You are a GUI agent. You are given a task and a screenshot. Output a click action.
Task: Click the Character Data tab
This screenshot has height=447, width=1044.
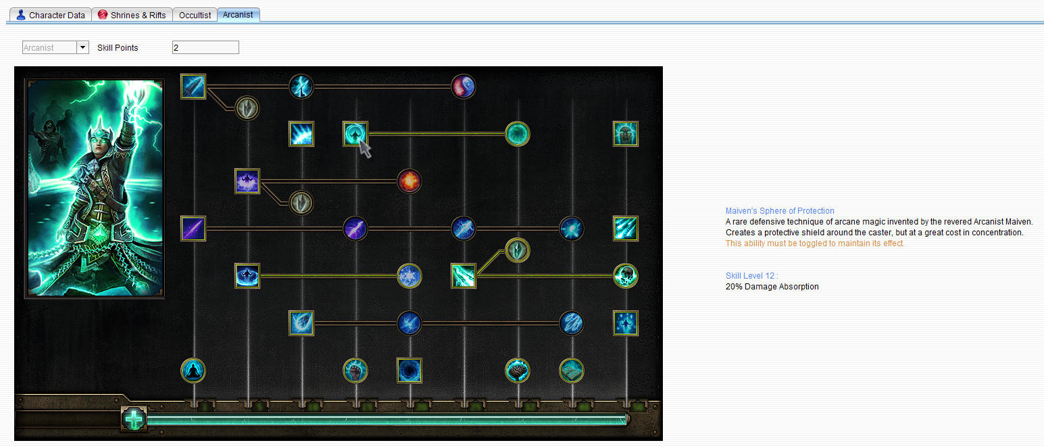tap(51, 15)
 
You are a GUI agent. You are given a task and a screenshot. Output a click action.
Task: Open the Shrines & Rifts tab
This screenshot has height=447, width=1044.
tap(132, 15)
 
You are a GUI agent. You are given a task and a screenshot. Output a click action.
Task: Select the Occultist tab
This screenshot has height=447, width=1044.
tap(195, 15)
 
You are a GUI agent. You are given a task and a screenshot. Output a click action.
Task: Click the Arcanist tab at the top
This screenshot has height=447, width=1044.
tap(238, 14)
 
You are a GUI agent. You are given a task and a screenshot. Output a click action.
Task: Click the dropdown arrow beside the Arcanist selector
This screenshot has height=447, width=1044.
tap(82, 47)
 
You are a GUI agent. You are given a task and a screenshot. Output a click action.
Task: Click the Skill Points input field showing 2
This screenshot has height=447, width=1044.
tap(205, 47)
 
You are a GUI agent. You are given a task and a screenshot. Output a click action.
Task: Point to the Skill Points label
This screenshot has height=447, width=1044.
tap(118, 47)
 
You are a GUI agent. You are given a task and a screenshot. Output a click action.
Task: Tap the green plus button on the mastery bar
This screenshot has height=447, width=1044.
tap(134, 419)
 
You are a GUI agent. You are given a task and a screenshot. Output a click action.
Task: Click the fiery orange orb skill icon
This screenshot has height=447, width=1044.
tap(409, 181)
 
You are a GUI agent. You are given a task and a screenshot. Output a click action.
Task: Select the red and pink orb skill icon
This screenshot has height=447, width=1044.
tap(464, 87)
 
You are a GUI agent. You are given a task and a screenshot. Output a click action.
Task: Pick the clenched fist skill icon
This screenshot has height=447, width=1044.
tap(355, 371)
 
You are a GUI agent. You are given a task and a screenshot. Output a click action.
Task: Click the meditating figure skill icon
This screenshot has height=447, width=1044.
tap(193, 371)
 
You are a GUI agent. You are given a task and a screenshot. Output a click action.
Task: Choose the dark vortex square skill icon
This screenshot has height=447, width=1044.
tap(409, 371)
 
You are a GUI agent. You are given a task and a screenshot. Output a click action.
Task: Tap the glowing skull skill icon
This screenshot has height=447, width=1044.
tap(626, 276)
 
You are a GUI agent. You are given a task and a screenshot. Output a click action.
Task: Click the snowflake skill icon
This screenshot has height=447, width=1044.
tap(409, 276)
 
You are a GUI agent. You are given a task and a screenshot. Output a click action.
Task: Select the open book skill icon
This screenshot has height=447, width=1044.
tap(572, 371)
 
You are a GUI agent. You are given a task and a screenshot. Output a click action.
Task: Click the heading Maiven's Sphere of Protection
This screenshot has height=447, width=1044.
tap(780, 211)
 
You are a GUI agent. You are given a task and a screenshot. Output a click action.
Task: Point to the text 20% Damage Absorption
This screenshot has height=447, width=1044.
tap(772, 287)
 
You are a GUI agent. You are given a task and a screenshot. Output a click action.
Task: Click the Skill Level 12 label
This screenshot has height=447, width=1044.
tap(752, 276)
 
